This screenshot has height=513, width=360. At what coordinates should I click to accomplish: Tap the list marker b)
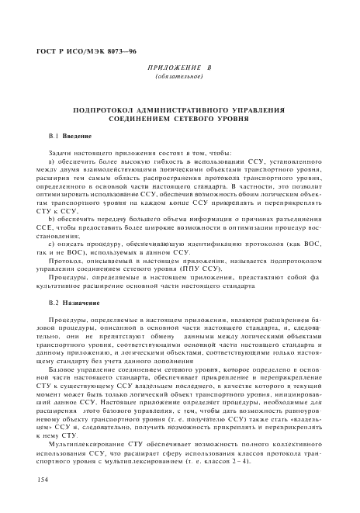[51, 221]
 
